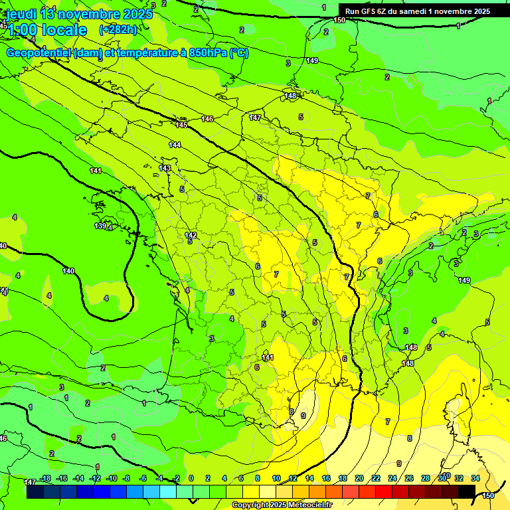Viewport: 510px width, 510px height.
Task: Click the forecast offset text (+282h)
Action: point(118,29)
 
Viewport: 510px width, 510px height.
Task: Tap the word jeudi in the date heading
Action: point(22,13)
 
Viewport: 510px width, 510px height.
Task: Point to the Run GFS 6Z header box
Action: point(417,11)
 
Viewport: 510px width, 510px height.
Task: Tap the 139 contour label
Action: point(100,226)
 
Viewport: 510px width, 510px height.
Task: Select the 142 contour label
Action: point(191,236)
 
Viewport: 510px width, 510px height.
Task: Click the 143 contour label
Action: point(165,168)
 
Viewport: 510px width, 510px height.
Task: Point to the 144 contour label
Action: point(175,145)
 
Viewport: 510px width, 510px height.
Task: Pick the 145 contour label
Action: point(182,125)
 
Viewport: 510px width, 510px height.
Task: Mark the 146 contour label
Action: point(207,119)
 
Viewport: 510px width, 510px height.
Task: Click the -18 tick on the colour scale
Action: point(44,478)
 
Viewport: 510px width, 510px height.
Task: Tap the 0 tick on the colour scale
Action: point(191,478)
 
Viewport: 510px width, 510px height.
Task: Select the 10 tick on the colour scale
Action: point(276,478)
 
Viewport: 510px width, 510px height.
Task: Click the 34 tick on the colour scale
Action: point(475,478)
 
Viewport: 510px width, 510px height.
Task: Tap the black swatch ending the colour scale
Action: point(467,492)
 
